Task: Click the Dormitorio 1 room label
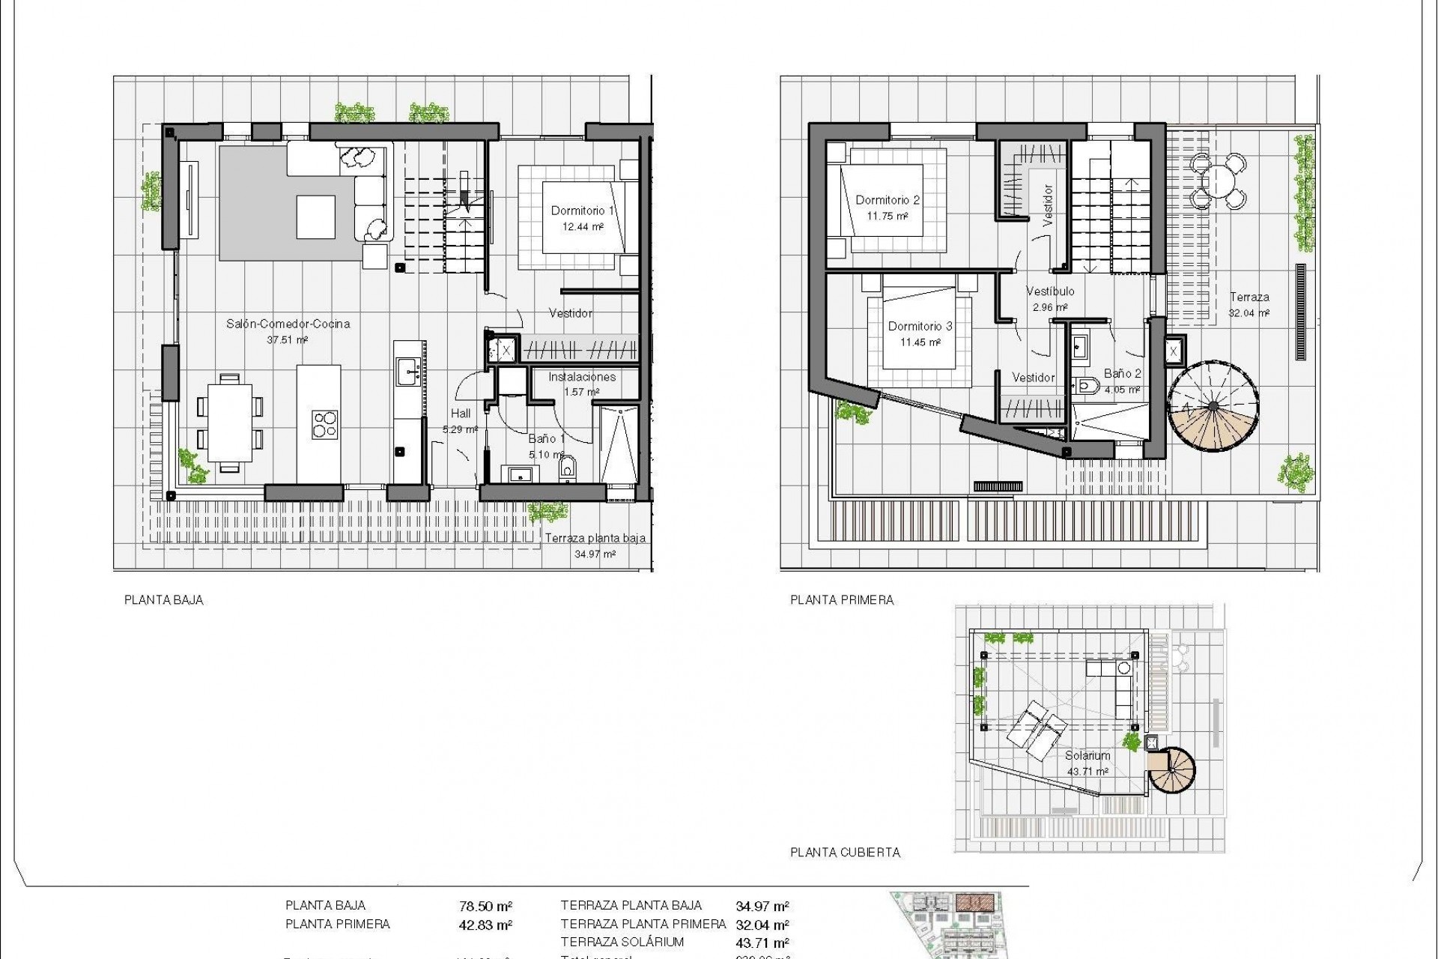pyautogui.click(x=583, y=211)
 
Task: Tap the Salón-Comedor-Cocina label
pyautogui.click(x=288, y=324)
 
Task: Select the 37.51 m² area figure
pyautogui.click(x=288, y=339)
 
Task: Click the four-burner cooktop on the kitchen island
pyautogui.click(x=324, y=424)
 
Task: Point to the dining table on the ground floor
pyautogui.click(x=229, y=423)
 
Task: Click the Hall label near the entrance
pyautogui.click(x=461, y=414)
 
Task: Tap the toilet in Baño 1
pyautogui.click(x=568, y=468)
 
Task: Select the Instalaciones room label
pyautogui.click(x=582, y=377)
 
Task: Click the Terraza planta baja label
pyautogui.click(x=595, y=538)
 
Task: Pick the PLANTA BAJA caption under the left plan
pyautogui.click(x=164, y=600)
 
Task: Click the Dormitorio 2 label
pyautogui.click(x=888, y=200)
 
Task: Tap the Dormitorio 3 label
pyautogui.click(x=920, y=326)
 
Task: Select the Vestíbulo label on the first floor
pyautogui.click(x=1050, y=291)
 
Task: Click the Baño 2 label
pyautogui.click(x=1122, y=374)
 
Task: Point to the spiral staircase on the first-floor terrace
pyautogui.click(x=1213, y=407)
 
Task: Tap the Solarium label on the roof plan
pyautogui.click(x=1087, y=756)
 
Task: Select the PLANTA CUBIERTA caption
pyautogui.click(x=846, y=853)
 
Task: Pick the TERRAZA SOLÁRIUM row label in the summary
pyautogui.click(x=622, y=943)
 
